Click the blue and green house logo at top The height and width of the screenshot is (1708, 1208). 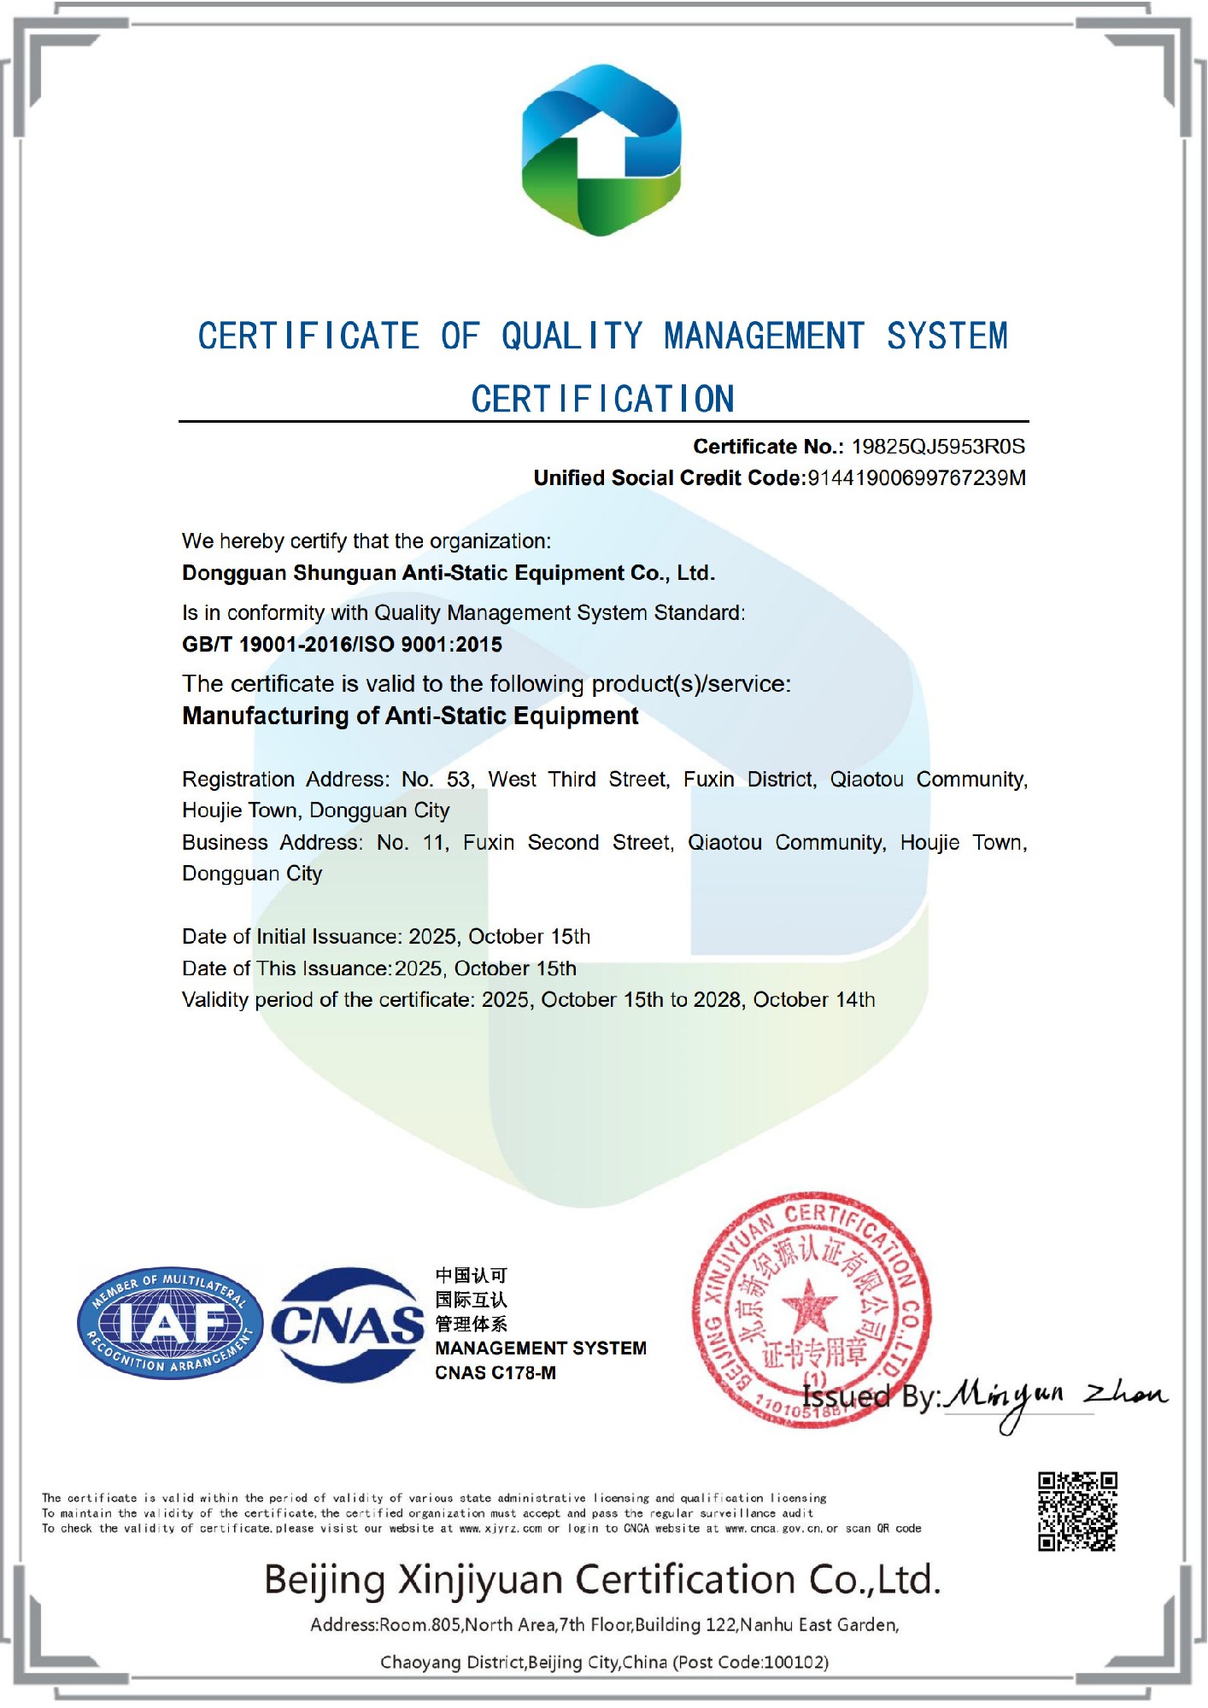(x=601, y=150)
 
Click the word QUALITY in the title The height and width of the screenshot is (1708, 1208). (x=572, y=336)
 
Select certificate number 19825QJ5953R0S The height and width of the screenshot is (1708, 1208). (x=938, y=447)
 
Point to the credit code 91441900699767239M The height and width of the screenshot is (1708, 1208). (x=917, y=478)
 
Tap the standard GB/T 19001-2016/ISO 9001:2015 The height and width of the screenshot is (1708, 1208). (x=342, y=645)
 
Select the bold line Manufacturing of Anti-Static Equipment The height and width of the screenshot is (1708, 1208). (x=410, y=716)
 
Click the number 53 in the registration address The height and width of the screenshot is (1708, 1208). (x=459, y=780)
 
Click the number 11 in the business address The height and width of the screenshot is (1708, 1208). (x=435, y=843)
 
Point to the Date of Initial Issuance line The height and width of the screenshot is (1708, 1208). (x=386, y=937)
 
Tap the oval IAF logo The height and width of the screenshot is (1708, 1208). (x=170, y=1323)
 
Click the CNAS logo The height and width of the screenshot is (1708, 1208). (x=348, y=1325)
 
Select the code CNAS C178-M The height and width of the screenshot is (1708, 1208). (x=496, y=1373)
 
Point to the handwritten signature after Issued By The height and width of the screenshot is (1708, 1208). (x=1056, y=1399)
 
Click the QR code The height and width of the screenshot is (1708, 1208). (x=1077, y=1511)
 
